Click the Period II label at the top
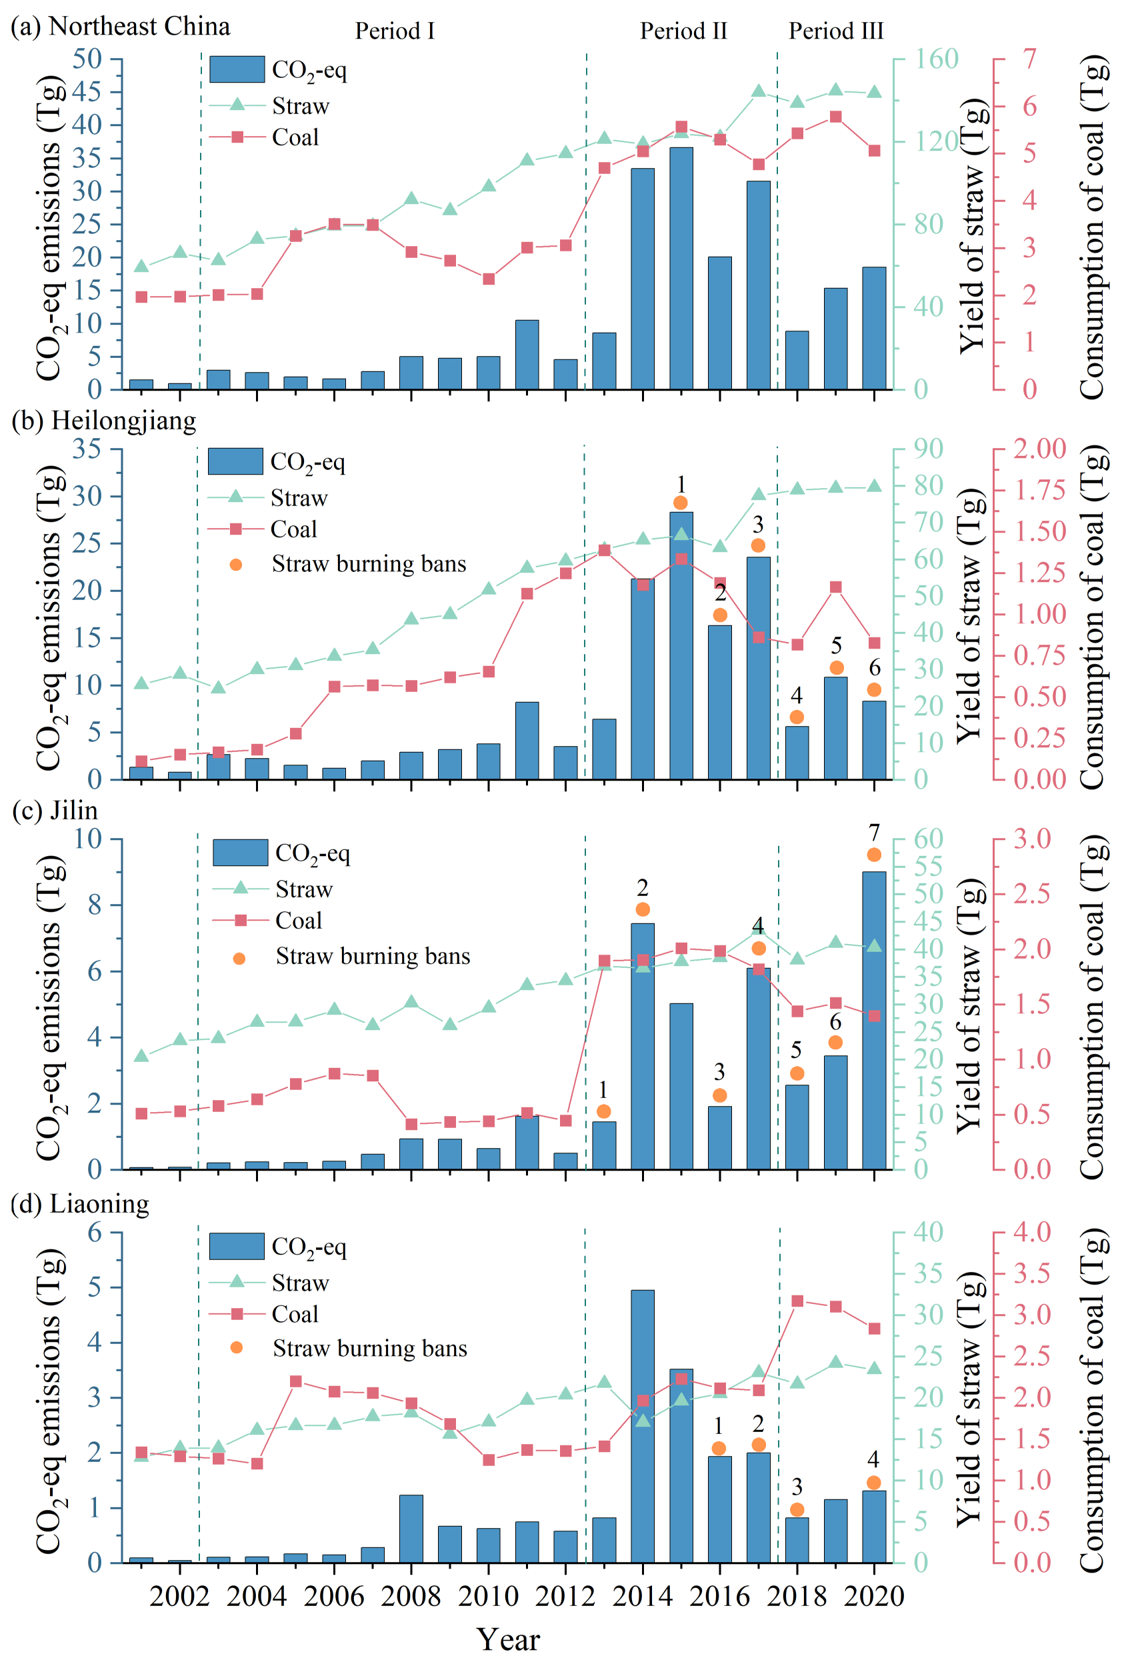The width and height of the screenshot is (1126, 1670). (683, 31)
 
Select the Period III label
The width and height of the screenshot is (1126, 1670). (836, 31)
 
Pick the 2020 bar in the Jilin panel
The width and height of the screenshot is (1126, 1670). (874, 1019)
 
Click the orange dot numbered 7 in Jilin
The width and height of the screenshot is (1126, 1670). (874, 855)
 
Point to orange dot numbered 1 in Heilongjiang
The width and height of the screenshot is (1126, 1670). (681, 503)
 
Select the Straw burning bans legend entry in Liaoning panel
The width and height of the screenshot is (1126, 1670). (369, 1349)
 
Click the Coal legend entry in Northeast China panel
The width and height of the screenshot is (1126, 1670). (295, 137)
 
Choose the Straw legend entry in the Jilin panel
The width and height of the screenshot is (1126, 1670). (304, 889)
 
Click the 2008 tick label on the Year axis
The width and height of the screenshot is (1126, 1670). (411, 1596)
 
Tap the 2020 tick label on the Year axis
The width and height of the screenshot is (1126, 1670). (874, 1596)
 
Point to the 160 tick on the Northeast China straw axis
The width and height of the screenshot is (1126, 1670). (936, 59)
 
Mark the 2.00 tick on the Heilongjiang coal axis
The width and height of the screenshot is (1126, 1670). (1039, 449)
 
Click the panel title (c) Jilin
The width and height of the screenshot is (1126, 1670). (55, 810)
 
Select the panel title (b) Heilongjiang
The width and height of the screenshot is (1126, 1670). (104, 420)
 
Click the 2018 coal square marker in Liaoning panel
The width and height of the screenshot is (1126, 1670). (797, 1301)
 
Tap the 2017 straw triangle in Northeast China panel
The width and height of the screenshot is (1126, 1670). (758, 91)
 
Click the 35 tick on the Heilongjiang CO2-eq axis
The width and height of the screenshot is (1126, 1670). (86, 449)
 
